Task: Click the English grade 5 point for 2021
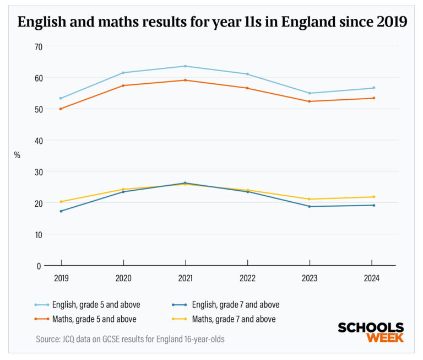185,66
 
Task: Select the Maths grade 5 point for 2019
61,109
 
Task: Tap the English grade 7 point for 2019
61,211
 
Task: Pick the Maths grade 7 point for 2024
374,197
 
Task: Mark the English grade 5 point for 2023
310,93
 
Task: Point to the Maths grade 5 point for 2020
123,85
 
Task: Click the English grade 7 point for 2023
310,207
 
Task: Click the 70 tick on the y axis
38,46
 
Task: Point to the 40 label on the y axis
38,140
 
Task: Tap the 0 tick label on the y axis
39,265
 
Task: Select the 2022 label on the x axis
247,278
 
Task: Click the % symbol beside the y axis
17,155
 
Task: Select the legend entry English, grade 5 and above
94,304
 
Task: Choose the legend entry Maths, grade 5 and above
94,319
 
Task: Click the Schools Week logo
370,332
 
